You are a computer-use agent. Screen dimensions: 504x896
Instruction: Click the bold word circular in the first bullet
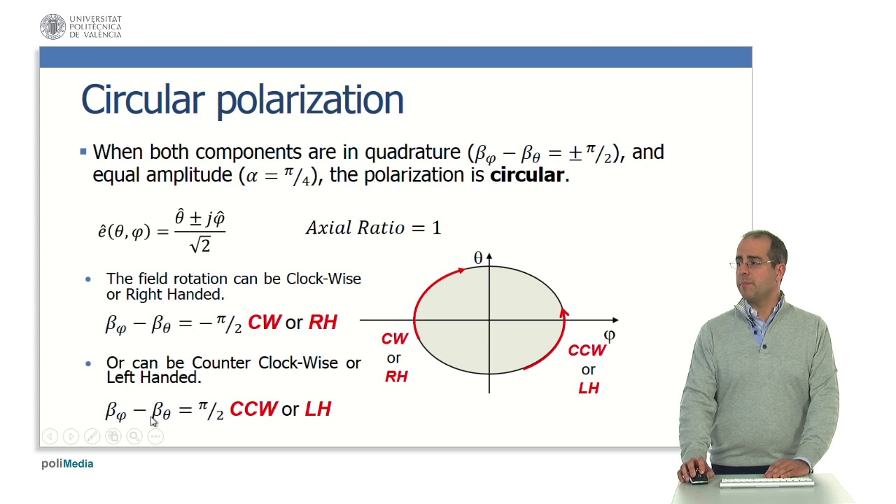pyautogui.click(x=526, y=175)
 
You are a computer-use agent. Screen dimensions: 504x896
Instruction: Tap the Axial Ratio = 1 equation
pyautogui.click(x=373, y=228)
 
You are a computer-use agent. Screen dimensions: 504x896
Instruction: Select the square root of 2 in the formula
pyautogui.click(x=199, y=244)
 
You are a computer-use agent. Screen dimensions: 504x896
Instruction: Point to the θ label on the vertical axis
pyautogui.click(x=478, y=258)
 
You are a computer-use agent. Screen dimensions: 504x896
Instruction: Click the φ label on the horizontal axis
pyautogui.click(x=609, y=335)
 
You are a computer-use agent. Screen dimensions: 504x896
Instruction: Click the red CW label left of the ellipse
pyautogui.click(x=394, y=339)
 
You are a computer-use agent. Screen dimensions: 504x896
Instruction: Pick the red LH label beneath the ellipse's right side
pyautogui.click(x=589, y=388)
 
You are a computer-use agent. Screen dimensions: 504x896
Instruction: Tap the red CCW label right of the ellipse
pyautogui.click(x=587, y=350)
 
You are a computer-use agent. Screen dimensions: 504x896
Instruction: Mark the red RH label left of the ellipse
pyautogui.click(x=396, y=377)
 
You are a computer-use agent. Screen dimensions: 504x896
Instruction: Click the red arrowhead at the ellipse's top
pyautogui.click(x=460, y=270)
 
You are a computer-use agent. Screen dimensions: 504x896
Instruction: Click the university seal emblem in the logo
pyautogui.click(x=52, y=27)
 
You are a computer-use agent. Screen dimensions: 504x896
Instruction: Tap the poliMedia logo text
pyautogui.click(x=67, y=463)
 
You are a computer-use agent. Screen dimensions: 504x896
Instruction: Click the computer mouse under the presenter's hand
pyautogui.click(x=698, y=479)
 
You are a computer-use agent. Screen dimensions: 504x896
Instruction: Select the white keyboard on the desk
pyautogui.click(x=766, y=482)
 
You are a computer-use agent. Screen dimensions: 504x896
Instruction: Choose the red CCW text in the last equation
pyautogui.click(x=253, y=409)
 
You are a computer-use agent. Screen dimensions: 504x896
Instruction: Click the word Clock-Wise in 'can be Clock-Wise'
pyautogui.click(x=323, y=279)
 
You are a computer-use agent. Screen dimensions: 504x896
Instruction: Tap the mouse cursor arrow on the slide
pyautogui.click(x=154, y=421)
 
